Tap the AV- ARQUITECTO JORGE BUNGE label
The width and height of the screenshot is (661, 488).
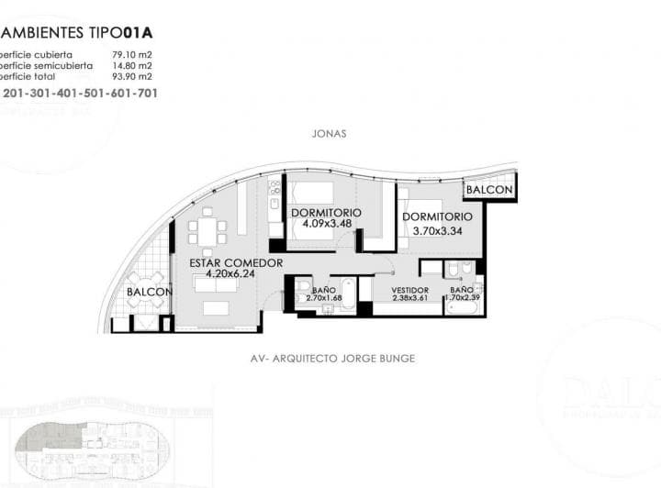point(332,359)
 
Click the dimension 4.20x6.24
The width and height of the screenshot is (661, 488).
point(230,273)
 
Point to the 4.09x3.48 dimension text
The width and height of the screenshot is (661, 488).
point(326,224)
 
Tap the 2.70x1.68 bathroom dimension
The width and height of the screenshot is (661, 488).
point(322,298)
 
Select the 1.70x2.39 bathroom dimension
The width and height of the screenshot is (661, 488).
point(465,298)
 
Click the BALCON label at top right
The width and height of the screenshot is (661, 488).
point(490,190)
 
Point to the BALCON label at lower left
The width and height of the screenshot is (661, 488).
point(149,293)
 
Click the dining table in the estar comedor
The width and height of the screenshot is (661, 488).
point(208,229)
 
